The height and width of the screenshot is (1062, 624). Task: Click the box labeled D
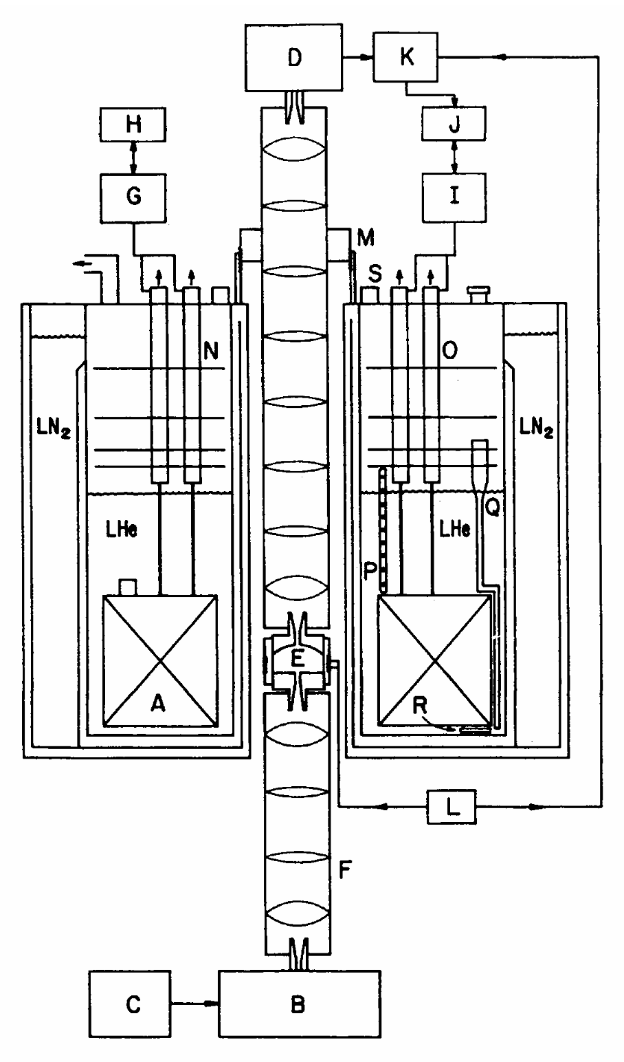pos(293,59)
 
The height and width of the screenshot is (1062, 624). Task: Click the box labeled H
pos(133,124)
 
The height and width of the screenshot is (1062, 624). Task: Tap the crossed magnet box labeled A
pos(160,660)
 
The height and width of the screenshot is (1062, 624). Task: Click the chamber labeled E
pos(297,659)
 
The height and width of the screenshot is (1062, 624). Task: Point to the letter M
pos(367,239)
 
